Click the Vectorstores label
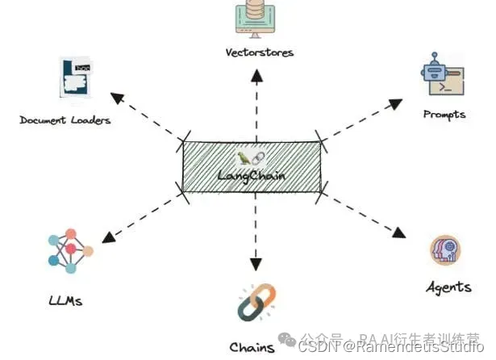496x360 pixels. pos(258,53)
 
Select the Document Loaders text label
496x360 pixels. pos(65,120)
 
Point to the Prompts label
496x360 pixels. pos(444,115)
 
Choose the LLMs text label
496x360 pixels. pos(65,301)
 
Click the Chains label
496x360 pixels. pos(252,348)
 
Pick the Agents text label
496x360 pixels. pos(448,287)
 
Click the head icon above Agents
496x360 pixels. pos(445,249)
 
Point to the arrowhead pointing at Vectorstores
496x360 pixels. pos(256,75)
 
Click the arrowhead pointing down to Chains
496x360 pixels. pos(256,265)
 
